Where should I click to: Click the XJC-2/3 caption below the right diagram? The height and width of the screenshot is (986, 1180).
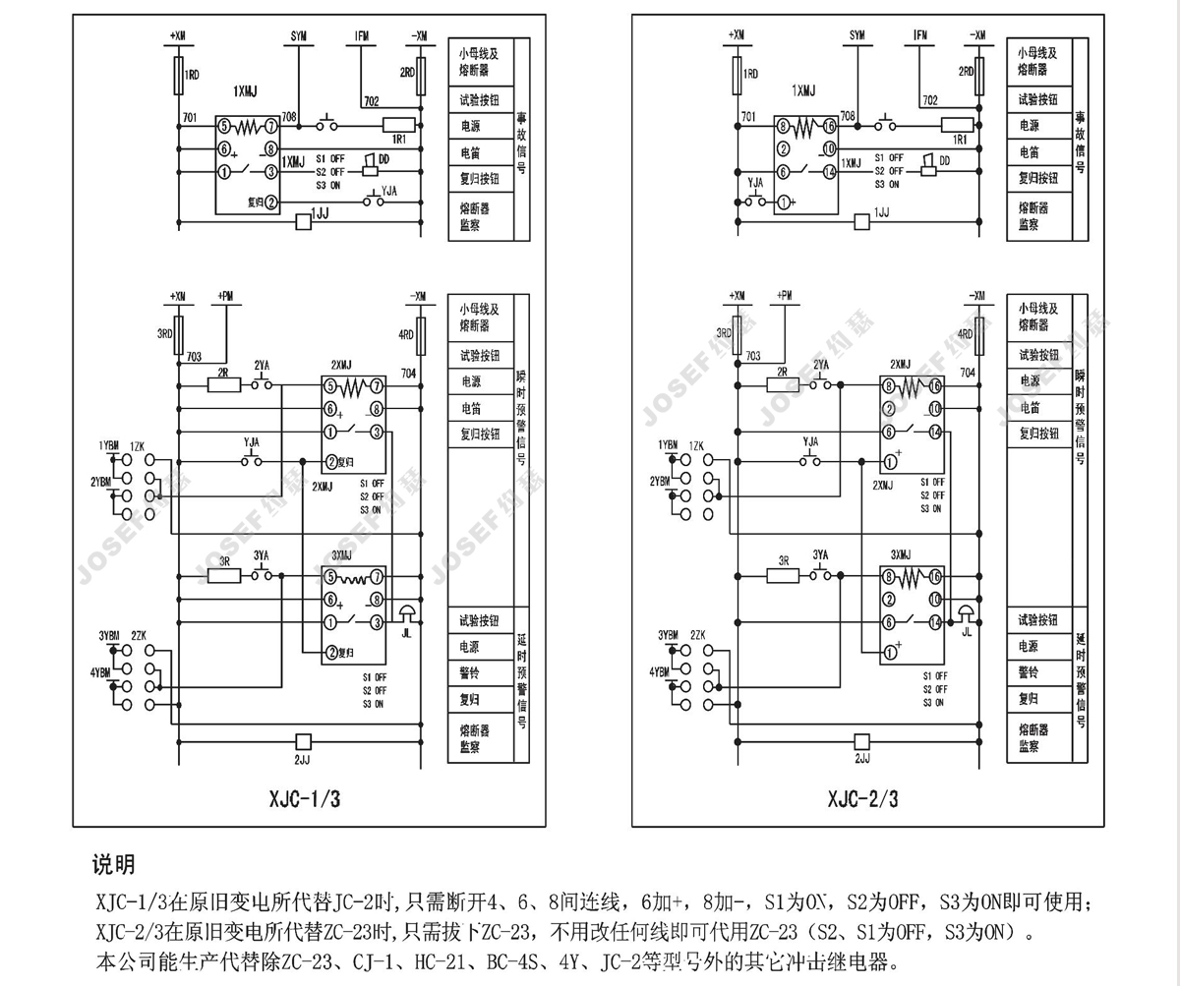(862, 798)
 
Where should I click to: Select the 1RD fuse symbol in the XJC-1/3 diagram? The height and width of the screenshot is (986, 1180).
(178, 75)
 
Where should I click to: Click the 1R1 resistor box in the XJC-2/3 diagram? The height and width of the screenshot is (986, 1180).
(957, 125)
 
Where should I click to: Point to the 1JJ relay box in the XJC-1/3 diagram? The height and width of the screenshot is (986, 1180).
(304, 222)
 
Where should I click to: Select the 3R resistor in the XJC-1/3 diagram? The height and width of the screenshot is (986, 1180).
(223, 576)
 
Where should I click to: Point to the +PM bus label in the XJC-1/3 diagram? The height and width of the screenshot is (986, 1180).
(226, 296)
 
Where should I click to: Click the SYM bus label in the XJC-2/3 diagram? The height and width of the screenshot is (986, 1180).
(857, 36)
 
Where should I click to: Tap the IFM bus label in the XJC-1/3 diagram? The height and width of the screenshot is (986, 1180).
(361, 36)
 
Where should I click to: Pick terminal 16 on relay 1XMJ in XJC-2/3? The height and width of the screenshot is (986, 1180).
(830, 126)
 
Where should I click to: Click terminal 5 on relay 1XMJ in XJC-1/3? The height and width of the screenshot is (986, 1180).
(225, 127)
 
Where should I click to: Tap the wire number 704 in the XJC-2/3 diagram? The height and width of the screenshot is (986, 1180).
(967, 374)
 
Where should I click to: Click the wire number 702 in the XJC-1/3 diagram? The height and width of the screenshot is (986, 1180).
(371, 101)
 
